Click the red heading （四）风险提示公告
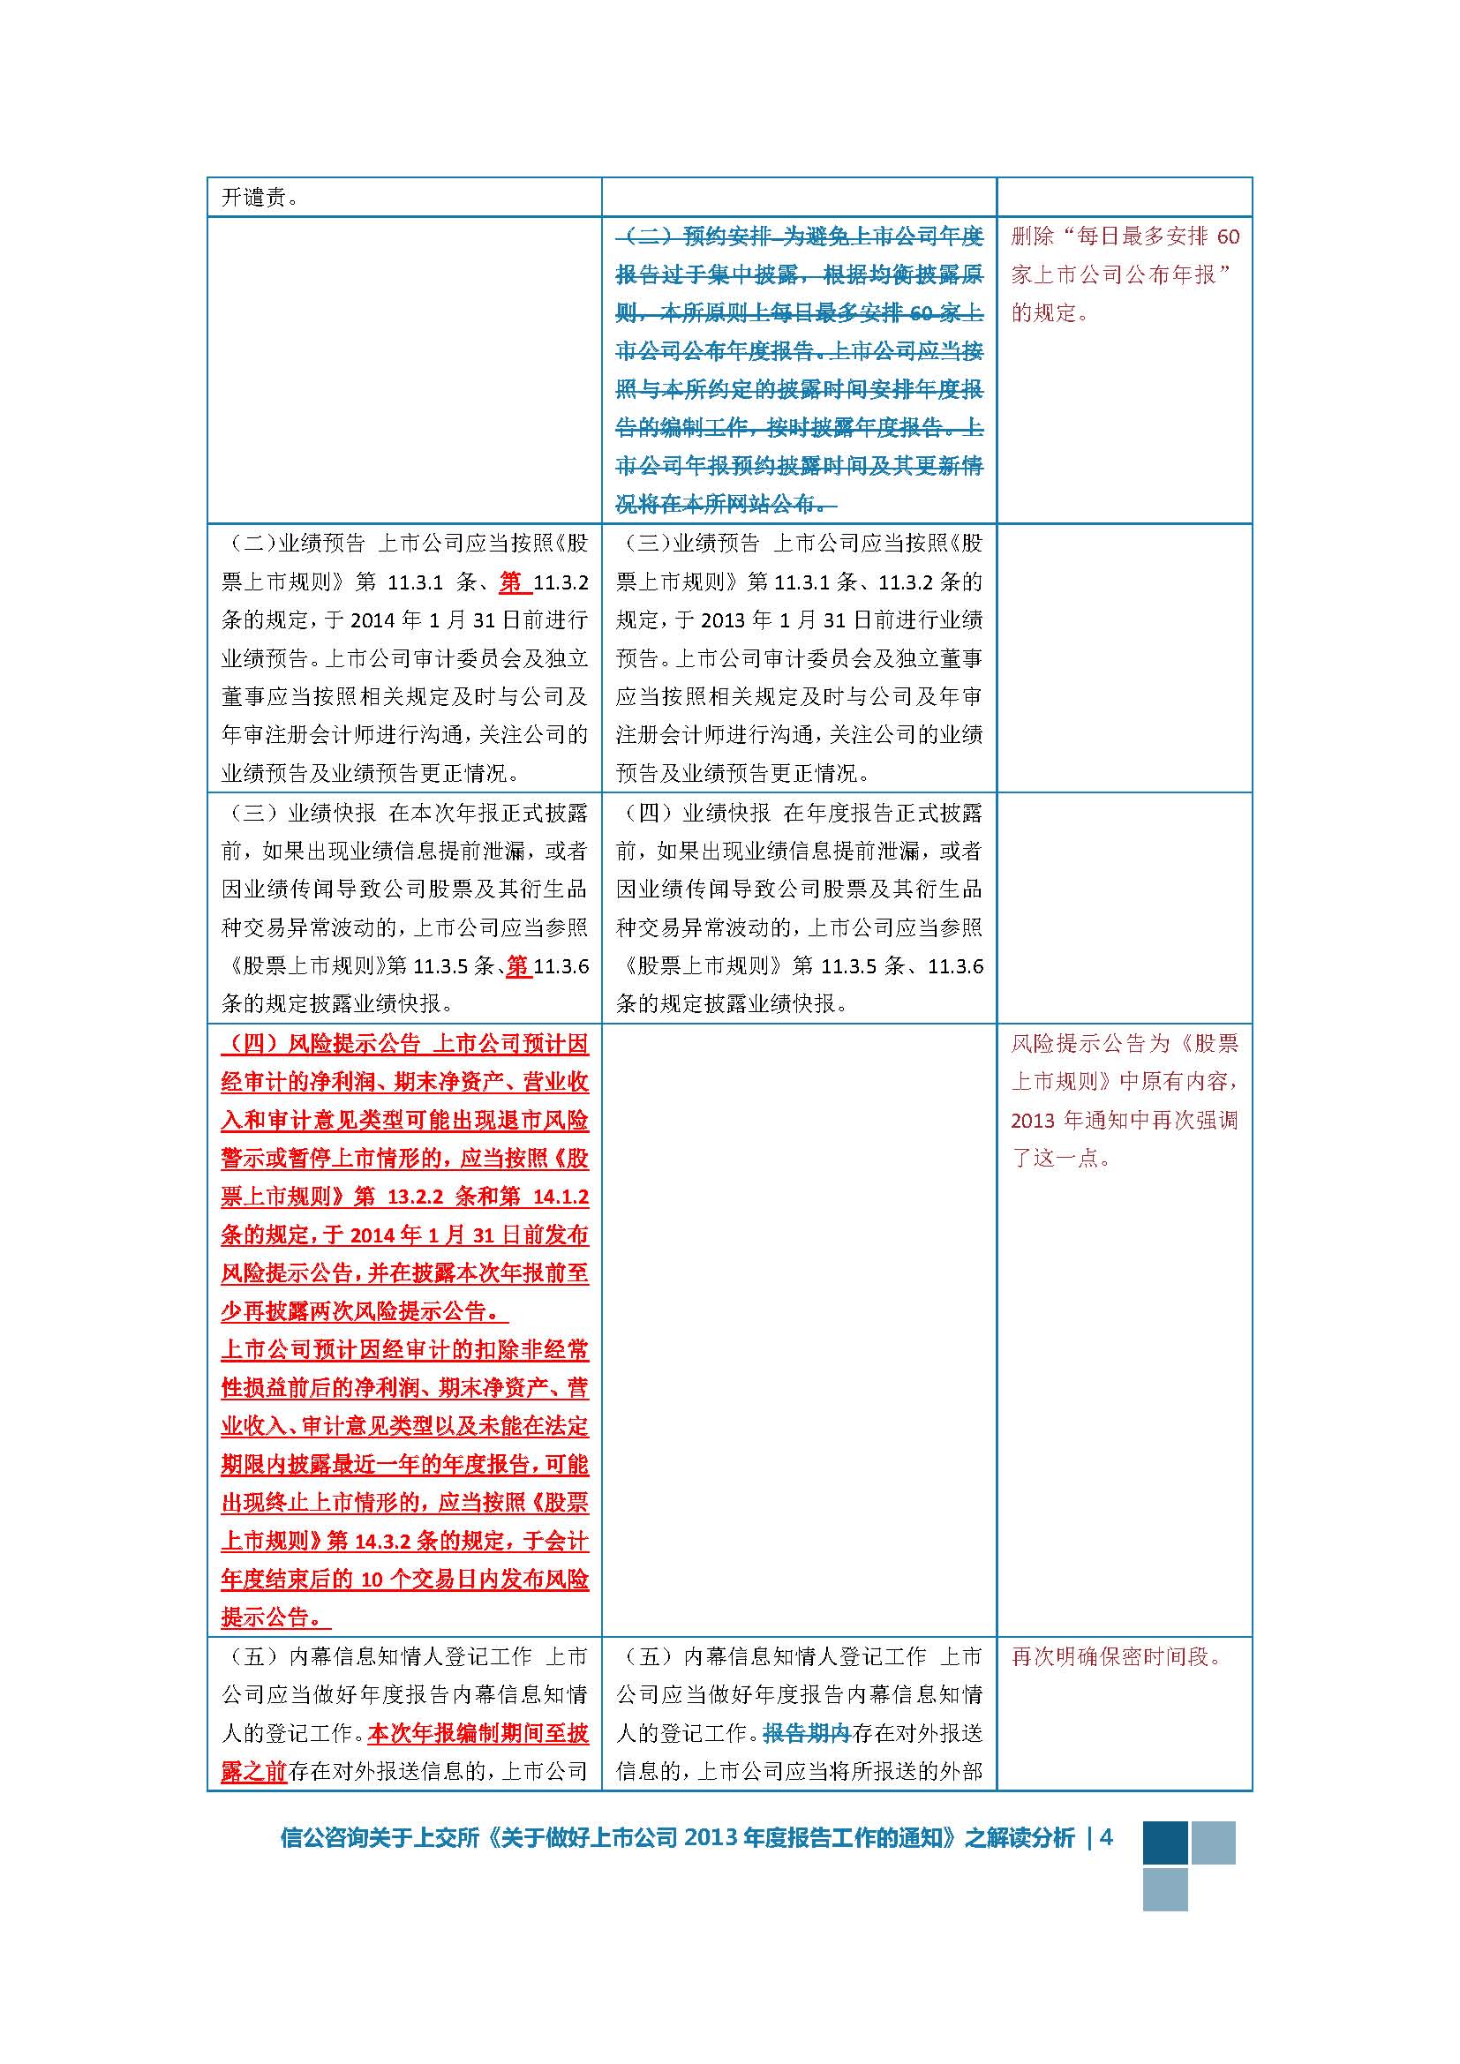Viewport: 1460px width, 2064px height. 321,1044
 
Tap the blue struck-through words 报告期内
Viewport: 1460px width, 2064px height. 807,1733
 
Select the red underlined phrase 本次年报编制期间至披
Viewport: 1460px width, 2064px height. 478,1733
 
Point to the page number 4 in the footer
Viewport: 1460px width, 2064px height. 1107,1838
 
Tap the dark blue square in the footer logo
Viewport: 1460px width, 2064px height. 1165,1843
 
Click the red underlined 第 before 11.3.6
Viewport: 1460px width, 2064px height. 519,966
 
